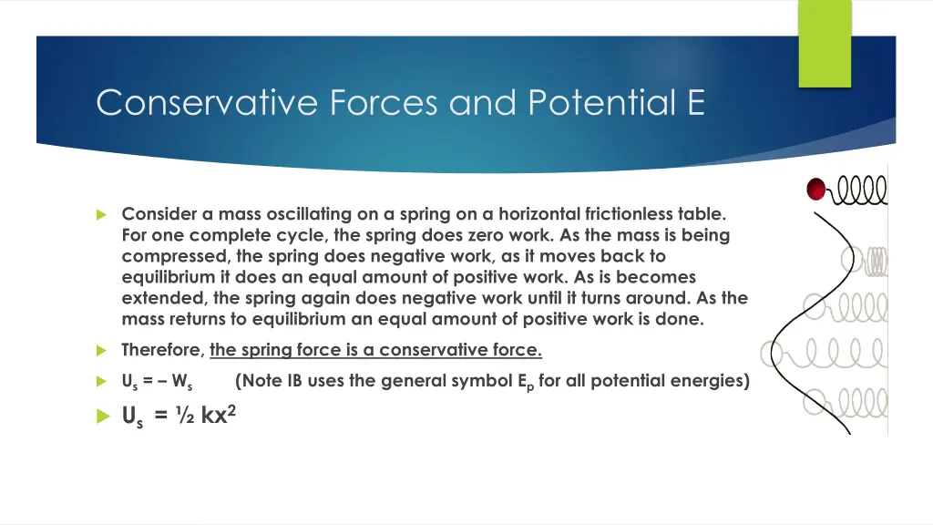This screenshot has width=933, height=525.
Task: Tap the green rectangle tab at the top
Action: pos(825,43)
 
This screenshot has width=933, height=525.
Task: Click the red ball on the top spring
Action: pos(816,189)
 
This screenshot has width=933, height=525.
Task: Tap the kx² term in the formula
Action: pos(219,415)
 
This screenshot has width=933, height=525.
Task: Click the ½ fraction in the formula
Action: pos(186,417)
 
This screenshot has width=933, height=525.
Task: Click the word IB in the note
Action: pos(295,381)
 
